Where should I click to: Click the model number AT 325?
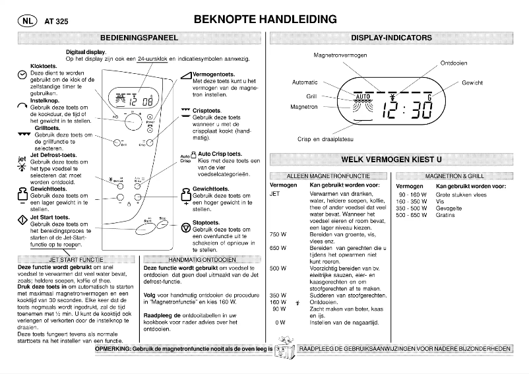[x=55, y=21]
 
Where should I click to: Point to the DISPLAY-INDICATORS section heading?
[x=400, y=38]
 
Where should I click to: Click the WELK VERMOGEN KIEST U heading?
[x=400, y=159]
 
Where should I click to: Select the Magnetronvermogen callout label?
[x=340, y=55]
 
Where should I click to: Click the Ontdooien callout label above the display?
[x=454, y=63]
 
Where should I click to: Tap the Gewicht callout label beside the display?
[x=472, y=83]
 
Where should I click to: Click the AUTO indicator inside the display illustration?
[x=363, y=96]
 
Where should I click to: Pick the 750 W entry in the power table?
[x=278, y=235]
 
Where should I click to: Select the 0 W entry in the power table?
[x=280, y=322]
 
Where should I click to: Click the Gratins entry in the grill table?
[x=445, y=215]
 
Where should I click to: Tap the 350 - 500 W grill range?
[x=412, y=208]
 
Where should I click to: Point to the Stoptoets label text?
[x=206, y=223]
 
